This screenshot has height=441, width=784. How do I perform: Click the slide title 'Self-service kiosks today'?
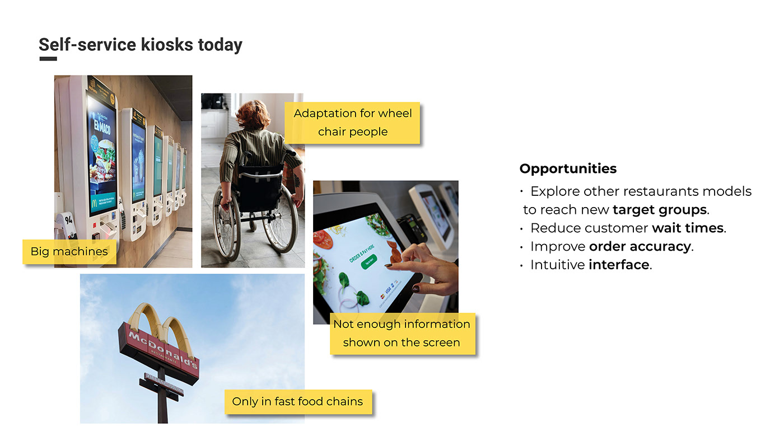click(140, 45)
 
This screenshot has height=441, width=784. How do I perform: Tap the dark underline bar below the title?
click(48, 59)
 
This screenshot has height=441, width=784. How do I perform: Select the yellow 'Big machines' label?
click(69, 251)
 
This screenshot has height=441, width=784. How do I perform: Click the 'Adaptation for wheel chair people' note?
click(352, 123)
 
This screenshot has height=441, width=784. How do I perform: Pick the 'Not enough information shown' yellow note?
click(402, 333)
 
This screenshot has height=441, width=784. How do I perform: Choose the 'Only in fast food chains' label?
click(297, 401)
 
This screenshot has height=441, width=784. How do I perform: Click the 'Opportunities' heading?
click(568, 168)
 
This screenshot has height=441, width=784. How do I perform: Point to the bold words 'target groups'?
click(660, 210)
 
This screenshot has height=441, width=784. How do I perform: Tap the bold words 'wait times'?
click(688, 228)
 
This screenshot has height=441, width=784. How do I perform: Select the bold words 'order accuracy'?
click(640, 247)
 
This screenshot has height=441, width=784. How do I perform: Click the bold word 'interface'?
click(619, 265)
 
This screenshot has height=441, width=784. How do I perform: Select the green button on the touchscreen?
click(369, 261)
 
